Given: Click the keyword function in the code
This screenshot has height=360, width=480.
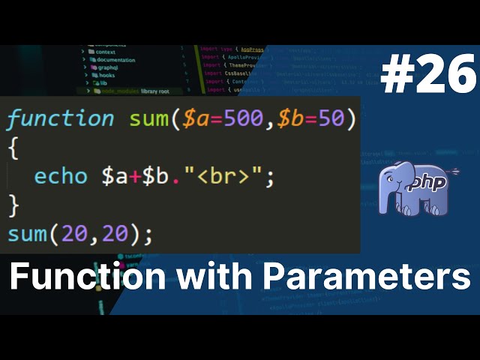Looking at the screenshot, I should pyautogui.click(x=60, y=118).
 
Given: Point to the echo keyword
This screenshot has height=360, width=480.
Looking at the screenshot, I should pyautogui.click(x=63, y=177).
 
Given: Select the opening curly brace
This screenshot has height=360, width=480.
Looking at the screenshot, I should pyautogui.click(x=12, y=148).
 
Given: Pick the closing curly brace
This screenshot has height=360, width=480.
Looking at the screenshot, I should pyautogui.click(x=12, y=205).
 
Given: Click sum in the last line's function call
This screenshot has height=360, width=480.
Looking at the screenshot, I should pyautogui.click(x=27, y=235).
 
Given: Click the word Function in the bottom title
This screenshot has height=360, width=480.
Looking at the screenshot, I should pyautogui.click(x=88, y=278).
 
